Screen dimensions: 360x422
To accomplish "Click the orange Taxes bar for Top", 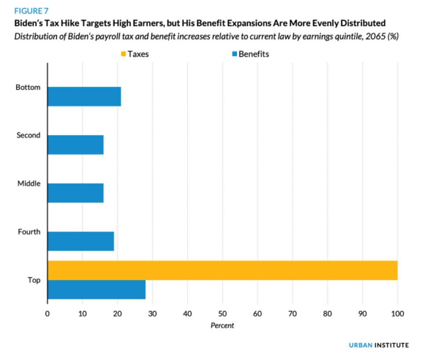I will click(x=222, y=270).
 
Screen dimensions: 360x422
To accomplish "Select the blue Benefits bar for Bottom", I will click(x=84, y=96).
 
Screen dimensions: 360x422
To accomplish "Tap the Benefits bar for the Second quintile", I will click(x=75, y=145).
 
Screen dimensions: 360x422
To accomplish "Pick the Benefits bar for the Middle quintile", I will click(x=75, y=193).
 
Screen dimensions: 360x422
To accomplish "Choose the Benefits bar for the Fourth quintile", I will click(x=81, y=241).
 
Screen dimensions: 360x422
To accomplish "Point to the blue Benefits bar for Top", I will click(x=96, y=290).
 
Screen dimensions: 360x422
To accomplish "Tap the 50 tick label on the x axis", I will click(x=222, y=314).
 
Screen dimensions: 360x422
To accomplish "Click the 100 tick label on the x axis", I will click(x=397, y=314).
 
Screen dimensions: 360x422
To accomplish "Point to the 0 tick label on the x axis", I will click(x=47, y=314).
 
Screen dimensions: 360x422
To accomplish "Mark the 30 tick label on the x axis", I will click(x=152, y=314).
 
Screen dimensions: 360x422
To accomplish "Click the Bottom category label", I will click(x=28, y=87).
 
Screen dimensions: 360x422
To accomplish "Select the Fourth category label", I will click(x=29, y=231).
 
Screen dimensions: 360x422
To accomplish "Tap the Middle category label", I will click(x=29, y=184).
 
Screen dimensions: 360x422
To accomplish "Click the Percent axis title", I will click(x=222, y=326).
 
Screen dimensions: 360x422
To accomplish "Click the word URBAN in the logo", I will click(x=360, y=345).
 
